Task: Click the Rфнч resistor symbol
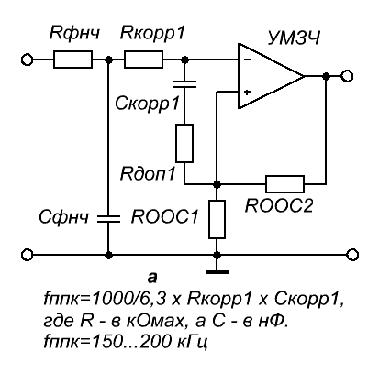click(72, 60)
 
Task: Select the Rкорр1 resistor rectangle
click(143, 60)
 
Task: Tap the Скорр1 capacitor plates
click(184, 84)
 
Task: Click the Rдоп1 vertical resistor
click(184, 143)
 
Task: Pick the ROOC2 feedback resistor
click(284, 184)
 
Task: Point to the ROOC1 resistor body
click(217, 219)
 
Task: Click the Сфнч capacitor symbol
click(108, 218)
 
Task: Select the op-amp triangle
click(272, 76)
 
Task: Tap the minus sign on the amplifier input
click(248, 60)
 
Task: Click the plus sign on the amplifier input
click(247, 92)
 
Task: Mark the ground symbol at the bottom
click(217, 271)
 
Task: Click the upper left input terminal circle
click(27, 60)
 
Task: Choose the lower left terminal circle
click(27, 255)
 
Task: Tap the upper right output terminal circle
click(347, 76)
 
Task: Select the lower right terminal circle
click(352, 255)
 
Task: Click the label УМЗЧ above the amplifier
click(294, 38)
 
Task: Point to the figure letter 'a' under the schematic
click(152, 278)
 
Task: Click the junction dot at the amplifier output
click(327, 76)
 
